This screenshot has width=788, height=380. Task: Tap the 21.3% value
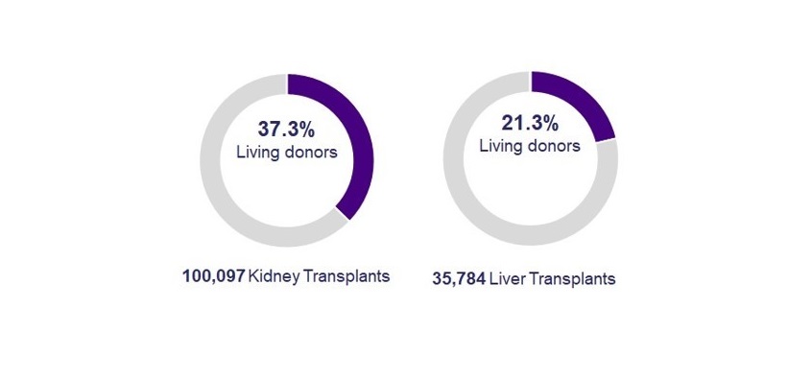coord(530,123)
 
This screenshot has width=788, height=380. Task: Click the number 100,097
coord(213,276)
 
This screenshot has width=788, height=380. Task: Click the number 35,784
coord(458,279)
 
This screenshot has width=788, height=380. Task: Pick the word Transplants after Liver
coord(572,279)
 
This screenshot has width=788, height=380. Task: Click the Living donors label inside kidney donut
coord(286,154)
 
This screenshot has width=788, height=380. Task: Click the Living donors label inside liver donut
coord(529,146)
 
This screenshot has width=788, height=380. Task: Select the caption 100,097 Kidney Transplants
coord(286,276)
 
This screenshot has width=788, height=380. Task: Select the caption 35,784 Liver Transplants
coord(524,279)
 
